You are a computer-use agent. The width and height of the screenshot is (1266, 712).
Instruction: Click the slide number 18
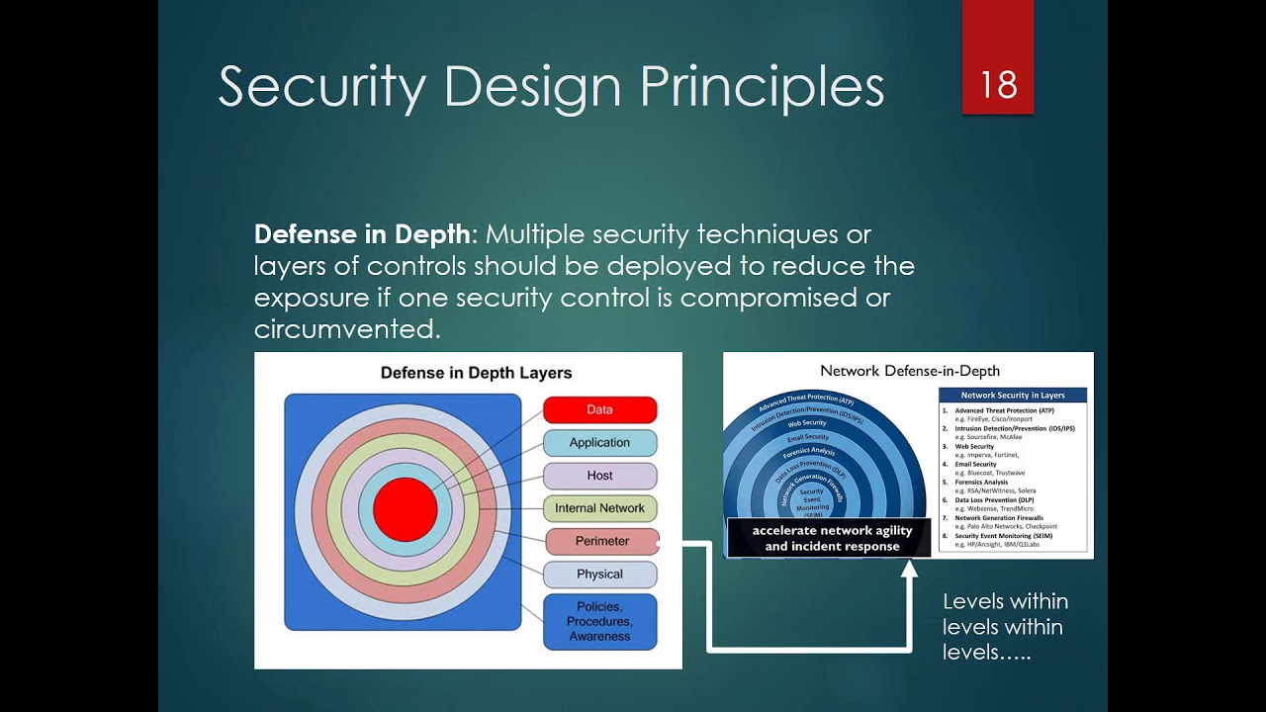[x=998, y=85]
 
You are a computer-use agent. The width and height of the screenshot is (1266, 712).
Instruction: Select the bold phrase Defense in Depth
[x=362, y=235]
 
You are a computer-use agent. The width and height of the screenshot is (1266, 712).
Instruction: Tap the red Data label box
[x=599, y=409]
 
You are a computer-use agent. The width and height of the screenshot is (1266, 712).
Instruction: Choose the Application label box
[x=599, y=442]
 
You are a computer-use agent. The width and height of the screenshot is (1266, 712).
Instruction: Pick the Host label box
[x=599, y=476]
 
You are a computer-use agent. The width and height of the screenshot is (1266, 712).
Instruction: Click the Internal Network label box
[x=599, y=508]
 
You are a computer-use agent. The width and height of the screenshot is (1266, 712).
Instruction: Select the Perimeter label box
[x=601, y=541]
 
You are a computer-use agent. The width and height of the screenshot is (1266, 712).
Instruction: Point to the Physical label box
[x=599, y=575]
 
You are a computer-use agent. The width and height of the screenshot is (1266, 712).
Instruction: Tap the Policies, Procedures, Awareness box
[x=599, y=621]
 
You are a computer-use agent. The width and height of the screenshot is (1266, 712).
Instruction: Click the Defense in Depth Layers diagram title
[x=477, y=373]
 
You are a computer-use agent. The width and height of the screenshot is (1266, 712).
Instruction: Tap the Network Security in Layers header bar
[x=1013, y=396]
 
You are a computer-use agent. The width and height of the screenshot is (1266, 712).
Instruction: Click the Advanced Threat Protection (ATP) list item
[x=1004, y=410]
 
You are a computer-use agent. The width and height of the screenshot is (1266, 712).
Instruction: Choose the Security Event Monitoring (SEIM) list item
[x=1009, y=536]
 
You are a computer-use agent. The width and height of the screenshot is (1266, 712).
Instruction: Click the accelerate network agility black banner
[x=832, y=539]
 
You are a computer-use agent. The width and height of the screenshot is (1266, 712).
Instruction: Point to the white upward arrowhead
[x=909, y=569]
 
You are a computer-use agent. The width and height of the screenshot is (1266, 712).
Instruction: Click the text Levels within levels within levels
[x=1005, y=627]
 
